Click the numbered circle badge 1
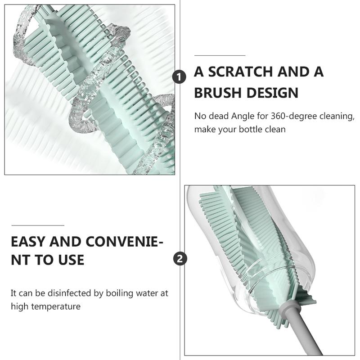point(179,76)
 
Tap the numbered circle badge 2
point(180,259)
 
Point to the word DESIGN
point(273,93)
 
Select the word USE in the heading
point(71,260)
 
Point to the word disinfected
point(71,293)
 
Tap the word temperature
point(56,307)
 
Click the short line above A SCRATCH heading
point(220,55)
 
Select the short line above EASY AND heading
point(38,225)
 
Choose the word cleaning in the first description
point(337,117)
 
